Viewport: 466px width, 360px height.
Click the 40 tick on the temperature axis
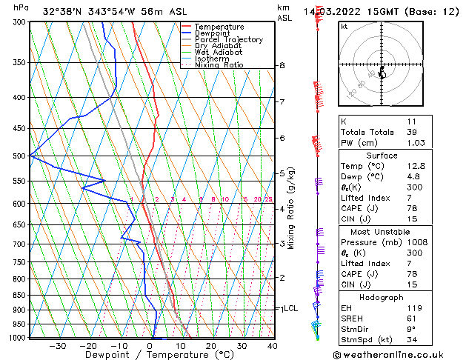coord(273,346)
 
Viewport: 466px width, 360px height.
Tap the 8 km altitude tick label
coord(282,66)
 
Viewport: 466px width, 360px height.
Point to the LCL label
coord(290,308)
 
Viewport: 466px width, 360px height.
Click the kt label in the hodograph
coord(344,26)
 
